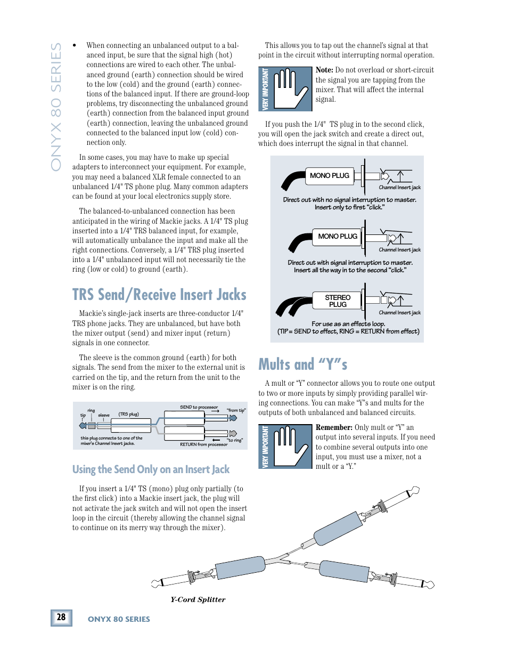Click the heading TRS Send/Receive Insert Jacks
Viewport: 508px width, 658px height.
click(x=159, y=295)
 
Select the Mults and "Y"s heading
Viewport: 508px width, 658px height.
click(x=302, y=364)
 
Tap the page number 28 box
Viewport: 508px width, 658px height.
click(x=61, y=617)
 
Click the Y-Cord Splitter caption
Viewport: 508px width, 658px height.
click(x=198, y=599)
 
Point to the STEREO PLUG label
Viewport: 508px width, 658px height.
click(x=338, y=301)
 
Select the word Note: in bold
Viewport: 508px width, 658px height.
click(x=324, y=70)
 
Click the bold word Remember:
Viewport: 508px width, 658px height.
click(x=334, y=427)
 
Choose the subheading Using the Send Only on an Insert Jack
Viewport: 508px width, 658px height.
click(x=151, y=469)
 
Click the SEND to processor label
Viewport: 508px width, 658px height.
click(x=199, y=407)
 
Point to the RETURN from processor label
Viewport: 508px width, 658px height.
click(x=203, y=444)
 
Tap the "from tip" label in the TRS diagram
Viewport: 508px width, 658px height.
click(x=236, y=410)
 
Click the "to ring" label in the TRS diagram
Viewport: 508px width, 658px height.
click(x=235, y=441)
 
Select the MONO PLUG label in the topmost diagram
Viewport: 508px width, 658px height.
click(x=329, y=176)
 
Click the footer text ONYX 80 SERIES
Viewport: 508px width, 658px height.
click(x=119, y=619)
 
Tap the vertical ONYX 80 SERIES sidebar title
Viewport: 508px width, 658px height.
click(x=56, y=107)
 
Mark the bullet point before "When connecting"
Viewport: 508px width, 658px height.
click(x=75, y=46)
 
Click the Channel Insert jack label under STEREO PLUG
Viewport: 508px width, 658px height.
click(x=399, y=313)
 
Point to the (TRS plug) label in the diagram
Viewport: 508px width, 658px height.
click(x=128, y=414)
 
